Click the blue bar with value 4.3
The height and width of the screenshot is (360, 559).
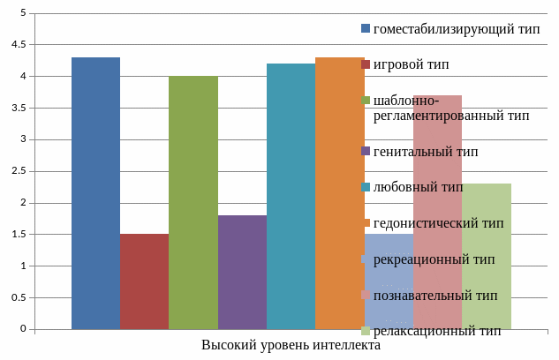pyautogui.click(x=95, y=193)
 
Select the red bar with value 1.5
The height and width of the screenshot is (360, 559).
pyautogui.click(x=144, y=281)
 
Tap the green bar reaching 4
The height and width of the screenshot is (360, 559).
pyautogui.click(x=193, y=203)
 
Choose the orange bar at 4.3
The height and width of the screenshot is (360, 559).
pyautogui.click(x=339, y=193)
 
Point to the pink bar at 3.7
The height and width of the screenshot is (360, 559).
pyautogui.click(x=437, y=212)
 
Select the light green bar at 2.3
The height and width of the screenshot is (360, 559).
pyautogui.click(x=487, y=256)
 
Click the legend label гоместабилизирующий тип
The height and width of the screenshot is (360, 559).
pyautogui.click(x=457, y=28)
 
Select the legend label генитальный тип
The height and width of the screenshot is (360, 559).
pyautogui.click(x=426, y=151)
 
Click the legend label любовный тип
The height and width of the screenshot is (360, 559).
pyautogui.click(x=418, y=187)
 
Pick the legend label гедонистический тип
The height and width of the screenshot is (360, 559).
pyautogui.click(x=438, y=223)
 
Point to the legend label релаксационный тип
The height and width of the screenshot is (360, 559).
pyautogui.click(x=437, y=331)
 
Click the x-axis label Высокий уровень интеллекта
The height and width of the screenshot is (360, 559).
pyautogui.click(x=291, y=345)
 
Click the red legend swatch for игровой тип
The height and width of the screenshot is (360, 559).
pyautogui.click(x=366, y=64)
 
